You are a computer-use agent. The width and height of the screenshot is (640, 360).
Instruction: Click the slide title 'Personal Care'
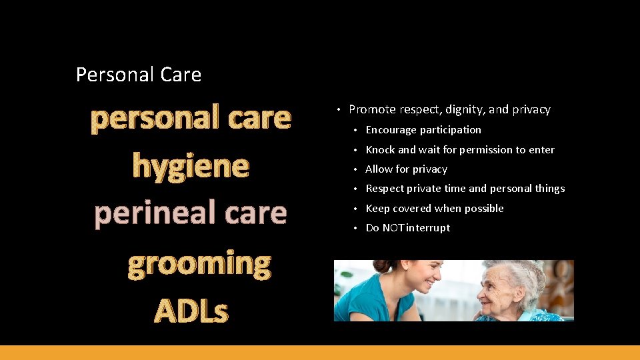(139, 74)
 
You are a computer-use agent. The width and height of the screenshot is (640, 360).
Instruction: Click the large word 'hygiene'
(191, 165)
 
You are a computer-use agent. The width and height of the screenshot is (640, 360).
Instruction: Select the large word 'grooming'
(199, 263)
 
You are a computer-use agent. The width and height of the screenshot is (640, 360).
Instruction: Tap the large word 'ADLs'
(191, 311)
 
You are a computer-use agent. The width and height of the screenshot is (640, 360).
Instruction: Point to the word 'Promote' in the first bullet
(372, 109)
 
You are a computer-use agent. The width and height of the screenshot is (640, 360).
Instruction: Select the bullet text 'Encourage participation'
(423, 130)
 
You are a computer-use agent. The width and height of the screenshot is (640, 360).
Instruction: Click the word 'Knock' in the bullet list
(380, 150)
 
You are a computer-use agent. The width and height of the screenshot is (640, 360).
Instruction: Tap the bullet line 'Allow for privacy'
(406, 169)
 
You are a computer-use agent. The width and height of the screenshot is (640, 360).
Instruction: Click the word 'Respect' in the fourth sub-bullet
(385, 189)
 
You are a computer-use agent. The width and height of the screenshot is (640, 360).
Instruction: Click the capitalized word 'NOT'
(393, 228)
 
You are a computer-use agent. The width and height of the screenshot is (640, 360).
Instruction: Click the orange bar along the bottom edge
(320, 353)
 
